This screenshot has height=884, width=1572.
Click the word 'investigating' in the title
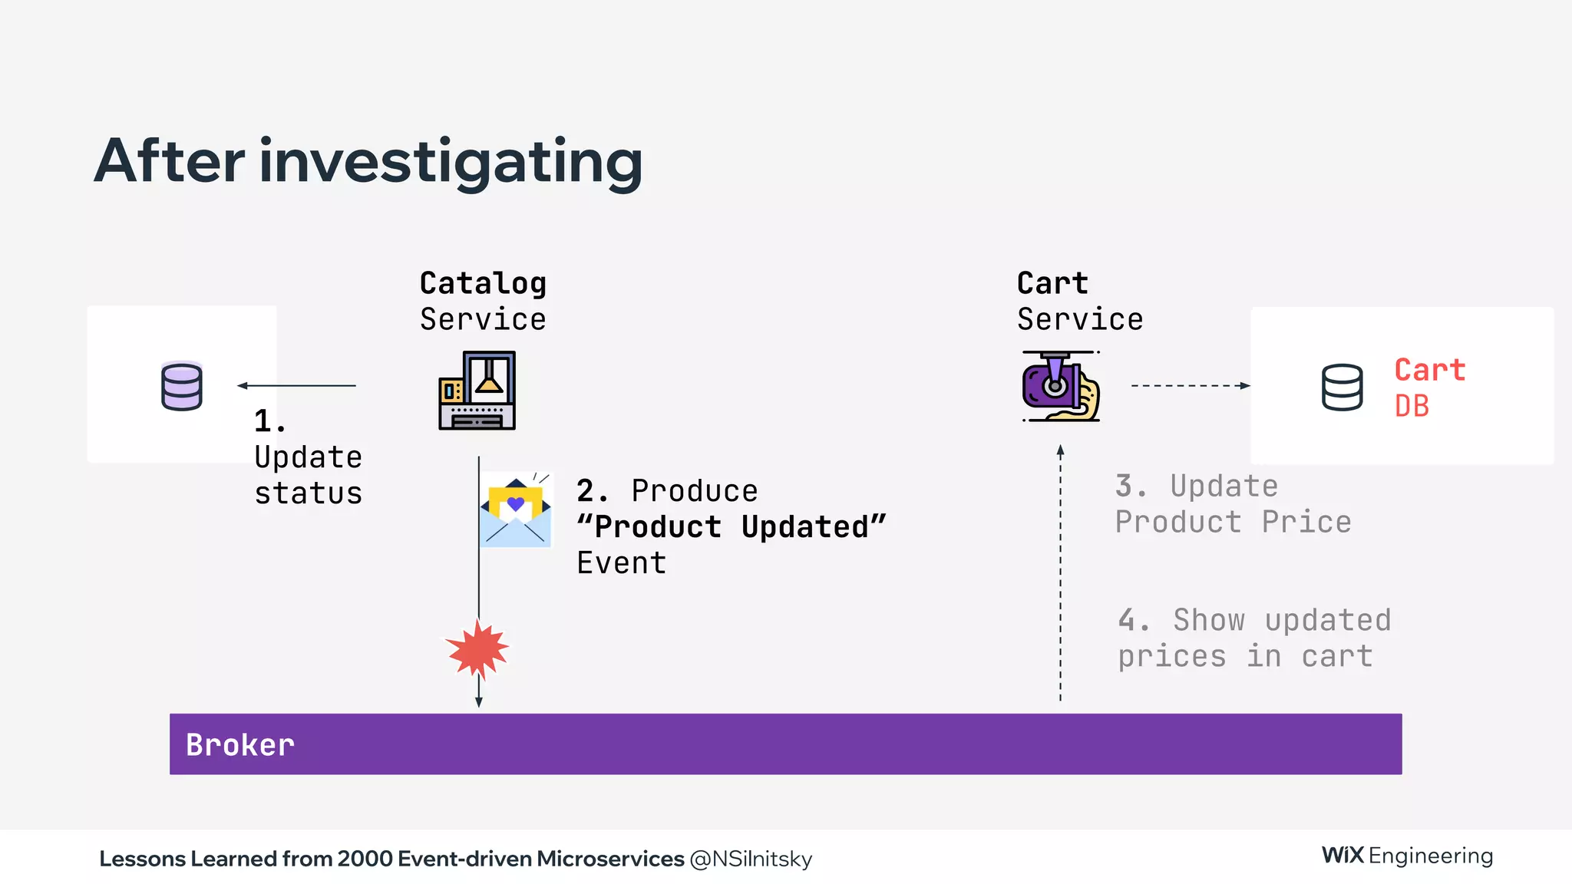[x=451, y=162]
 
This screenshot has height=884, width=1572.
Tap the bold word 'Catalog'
[x=483, y=283]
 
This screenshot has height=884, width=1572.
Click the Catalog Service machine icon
[x=477, y=390]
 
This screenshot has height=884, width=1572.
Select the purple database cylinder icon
[x=182, y=386]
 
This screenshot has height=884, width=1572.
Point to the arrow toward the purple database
[x=296, y=385]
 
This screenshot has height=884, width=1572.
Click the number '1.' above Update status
[x=270, y=421]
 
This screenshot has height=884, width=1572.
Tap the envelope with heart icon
[x=516, y=510]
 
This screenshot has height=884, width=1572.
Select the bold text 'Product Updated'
[x=731, y=527]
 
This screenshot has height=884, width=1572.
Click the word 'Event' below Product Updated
[x=621, y=563]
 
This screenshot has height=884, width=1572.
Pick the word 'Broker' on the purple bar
[x=239, y=745]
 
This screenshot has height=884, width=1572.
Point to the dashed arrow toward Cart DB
[x=1190, y=385]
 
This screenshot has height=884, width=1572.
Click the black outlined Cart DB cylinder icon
[x=1342, y=387]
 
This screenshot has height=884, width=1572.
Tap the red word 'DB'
[x=1412, y=406]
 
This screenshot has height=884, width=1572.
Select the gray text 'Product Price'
[x=1233, y=523]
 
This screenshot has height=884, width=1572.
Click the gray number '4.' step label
[x=1133, y=620]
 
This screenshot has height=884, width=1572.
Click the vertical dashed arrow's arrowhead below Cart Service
[x=1061, y=450]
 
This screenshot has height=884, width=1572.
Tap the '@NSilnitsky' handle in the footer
[x=751, y=859]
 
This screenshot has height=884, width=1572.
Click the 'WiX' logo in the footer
[x=1342, y=855]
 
